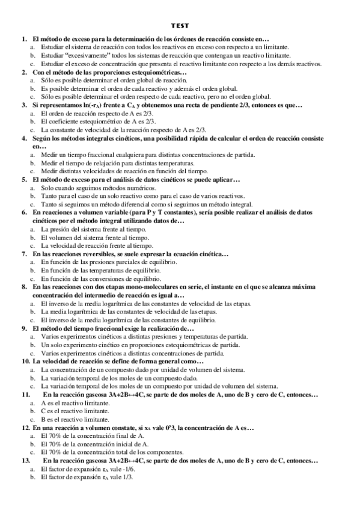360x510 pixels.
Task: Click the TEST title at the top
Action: click(179, 26)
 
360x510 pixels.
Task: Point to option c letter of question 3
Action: click(32, 129)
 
